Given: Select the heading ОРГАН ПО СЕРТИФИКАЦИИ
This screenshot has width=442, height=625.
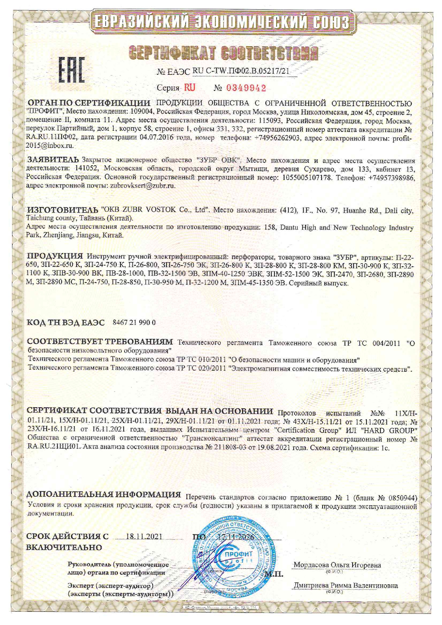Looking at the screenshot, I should coord(89,103).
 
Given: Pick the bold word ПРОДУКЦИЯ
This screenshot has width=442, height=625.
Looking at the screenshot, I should coord(55,256).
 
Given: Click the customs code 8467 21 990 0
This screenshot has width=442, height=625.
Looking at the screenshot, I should coord(134,322).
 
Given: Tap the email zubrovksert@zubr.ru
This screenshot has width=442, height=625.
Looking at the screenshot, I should coord(143,185).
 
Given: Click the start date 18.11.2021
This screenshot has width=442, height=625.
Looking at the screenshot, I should coord(144,537).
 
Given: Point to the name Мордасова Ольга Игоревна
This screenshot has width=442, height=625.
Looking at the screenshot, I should coord(337,565).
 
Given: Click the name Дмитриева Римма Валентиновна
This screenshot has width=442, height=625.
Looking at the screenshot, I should coord(346,585).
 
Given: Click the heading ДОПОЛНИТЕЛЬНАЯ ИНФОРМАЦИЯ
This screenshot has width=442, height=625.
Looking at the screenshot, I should coord(104,495).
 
